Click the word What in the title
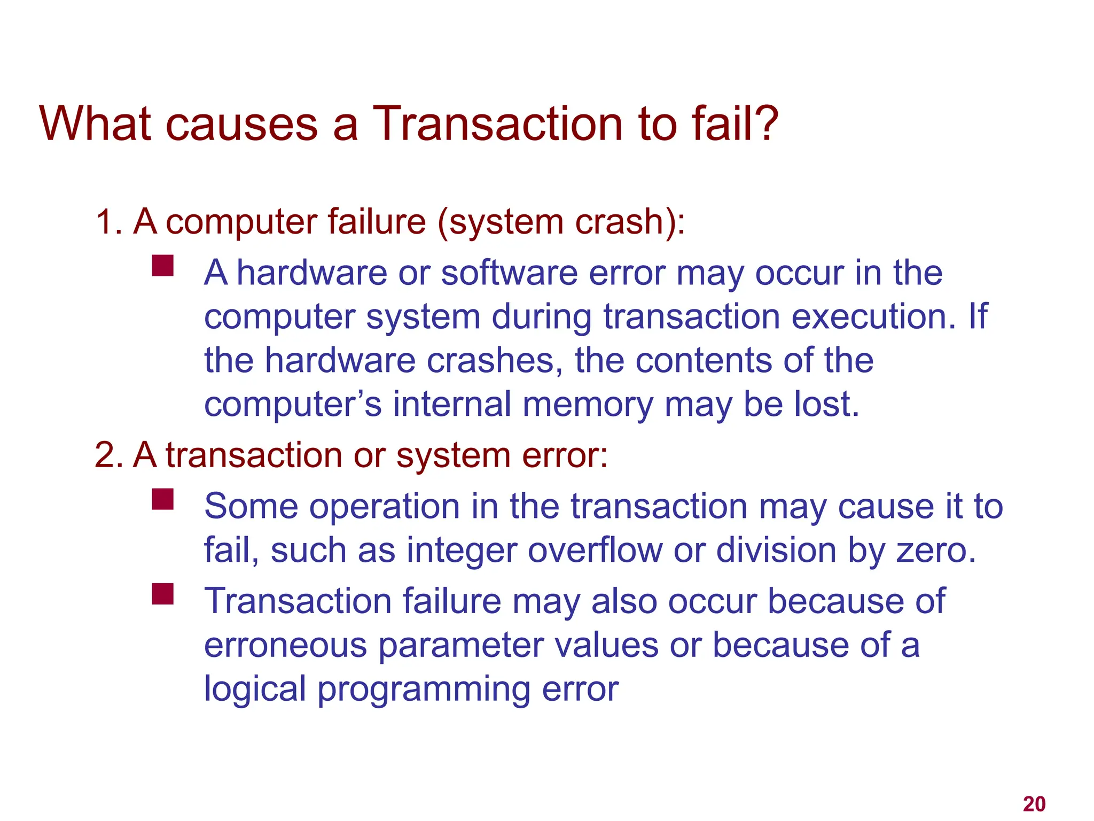(97, 124)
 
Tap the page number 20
(1034, 804)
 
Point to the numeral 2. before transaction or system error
(108, 455)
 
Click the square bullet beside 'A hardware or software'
(162, 265)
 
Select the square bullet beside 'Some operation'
(162, 499)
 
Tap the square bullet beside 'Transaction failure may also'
(162, 594)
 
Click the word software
(509, 273)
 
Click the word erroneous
(286, 646)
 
